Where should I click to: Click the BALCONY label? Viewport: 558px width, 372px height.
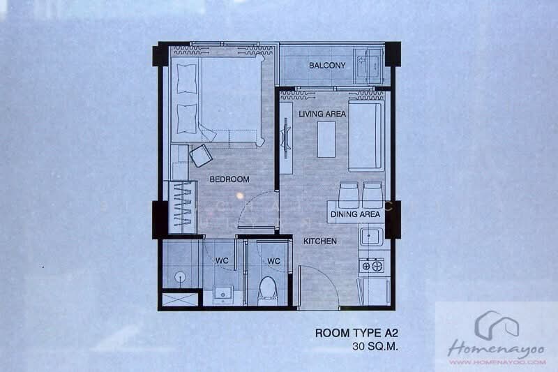pyautogui.click(x=326, y=66)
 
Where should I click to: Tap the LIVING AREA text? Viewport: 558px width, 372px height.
pyautogui.click(x=322, y=114)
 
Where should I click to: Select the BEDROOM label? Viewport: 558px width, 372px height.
pyautogui.click(x=229, y=179)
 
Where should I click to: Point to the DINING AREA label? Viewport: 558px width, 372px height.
pyautogui.click(x=356, y=214)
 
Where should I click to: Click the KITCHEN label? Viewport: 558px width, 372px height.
pyautogui.click(x=320, y=241)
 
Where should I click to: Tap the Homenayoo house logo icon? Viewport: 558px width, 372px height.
pyautogui.click(x=497, y=324)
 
